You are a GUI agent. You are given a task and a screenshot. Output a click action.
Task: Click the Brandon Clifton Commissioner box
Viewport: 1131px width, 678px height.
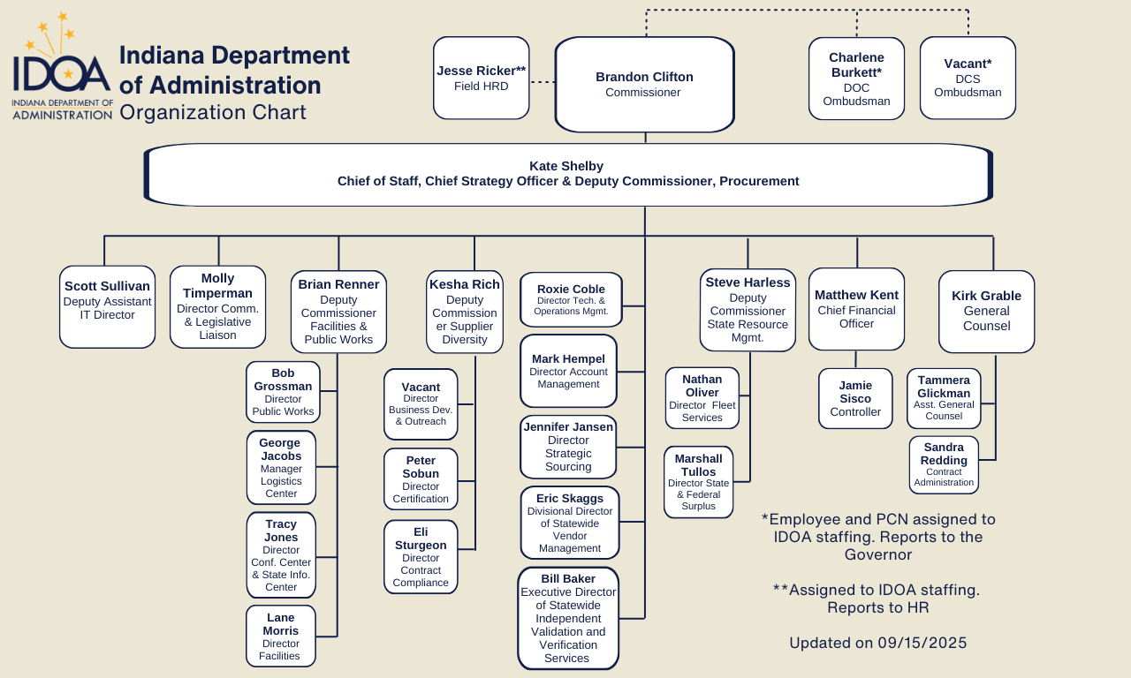644,85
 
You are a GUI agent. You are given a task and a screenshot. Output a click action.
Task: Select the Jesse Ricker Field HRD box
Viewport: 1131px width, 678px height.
481,78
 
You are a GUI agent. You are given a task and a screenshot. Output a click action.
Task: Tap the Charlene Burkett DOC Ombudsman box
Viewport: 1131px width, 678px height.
856,79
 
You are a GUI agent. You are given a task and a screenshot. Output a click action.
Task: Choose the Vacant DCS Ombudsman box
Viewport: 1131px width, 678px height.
968,78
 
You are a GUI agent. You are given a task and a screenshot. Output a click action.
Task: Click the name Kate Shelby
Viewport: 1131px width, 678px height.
566,166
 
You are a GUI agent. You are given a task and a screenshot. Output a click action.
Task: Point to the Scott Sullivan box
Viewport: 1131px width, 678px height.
107,306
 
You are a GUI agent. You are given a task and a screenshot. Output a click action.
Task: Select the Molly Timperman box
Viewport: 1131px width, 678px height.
217,306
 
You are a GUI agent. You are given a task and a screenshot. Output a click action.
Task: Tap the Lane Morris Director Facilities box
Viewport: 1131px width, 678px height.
280,637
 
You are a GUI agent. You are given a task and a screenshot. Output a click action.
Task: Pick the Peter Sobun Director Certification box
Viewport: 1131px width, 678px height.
421,479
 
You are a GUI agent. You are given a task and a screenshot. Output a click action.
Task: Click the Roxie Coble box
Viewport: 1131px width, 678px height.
571,299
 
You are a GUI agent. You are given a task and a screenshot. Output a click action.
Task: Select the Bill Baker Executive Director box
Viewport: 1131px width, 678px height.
567,618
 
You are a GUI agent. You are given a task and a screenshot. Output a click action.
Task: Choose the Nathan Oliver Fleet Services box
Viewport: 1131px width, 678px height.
702,397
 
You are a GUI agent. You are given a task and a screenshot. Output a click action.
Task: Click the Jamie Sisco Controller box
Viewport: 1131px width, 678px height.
855,398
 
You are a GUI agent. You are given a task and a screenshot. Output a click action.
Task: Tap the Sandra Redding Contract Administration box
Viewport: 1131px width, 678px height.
944,464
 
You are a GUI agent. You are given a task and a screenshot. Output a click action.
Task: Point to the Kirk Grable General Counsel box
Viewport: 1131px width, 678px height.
986,311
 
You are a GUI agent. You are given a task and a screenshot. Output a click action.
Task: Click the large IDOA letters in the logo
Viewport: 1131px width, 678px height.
62,74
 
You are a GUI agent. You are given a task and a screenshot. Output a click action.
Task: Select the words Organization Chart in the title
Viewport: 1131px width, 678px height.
213,113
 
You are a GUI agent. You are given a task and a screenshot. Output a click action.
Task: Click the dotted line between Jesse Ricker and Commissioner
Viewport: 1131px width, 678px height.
543,82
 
